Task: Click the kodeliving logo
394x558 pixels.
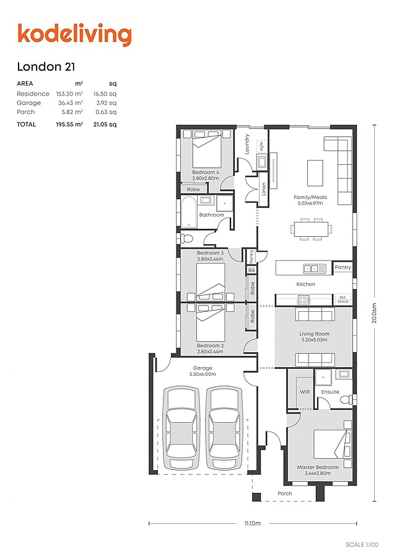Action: coord(74,35)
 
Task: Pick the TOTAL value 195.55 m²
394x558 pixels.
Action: coord(69,124)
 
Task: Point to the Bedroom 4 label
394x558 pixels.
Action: coord(205,172)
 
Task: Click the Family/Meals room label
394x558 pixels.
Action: coord(310,198)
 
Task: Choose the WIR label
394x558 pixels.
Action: coord(304,392)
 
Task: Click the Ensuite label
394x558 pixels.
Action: coord(330,392)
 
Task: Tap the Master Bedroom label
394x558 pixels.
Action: coord(318,467)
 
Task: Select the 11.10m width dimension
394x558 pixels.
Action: coord(253,524)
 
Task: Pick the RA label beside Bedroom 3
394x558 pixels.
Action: coord(252,270)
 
